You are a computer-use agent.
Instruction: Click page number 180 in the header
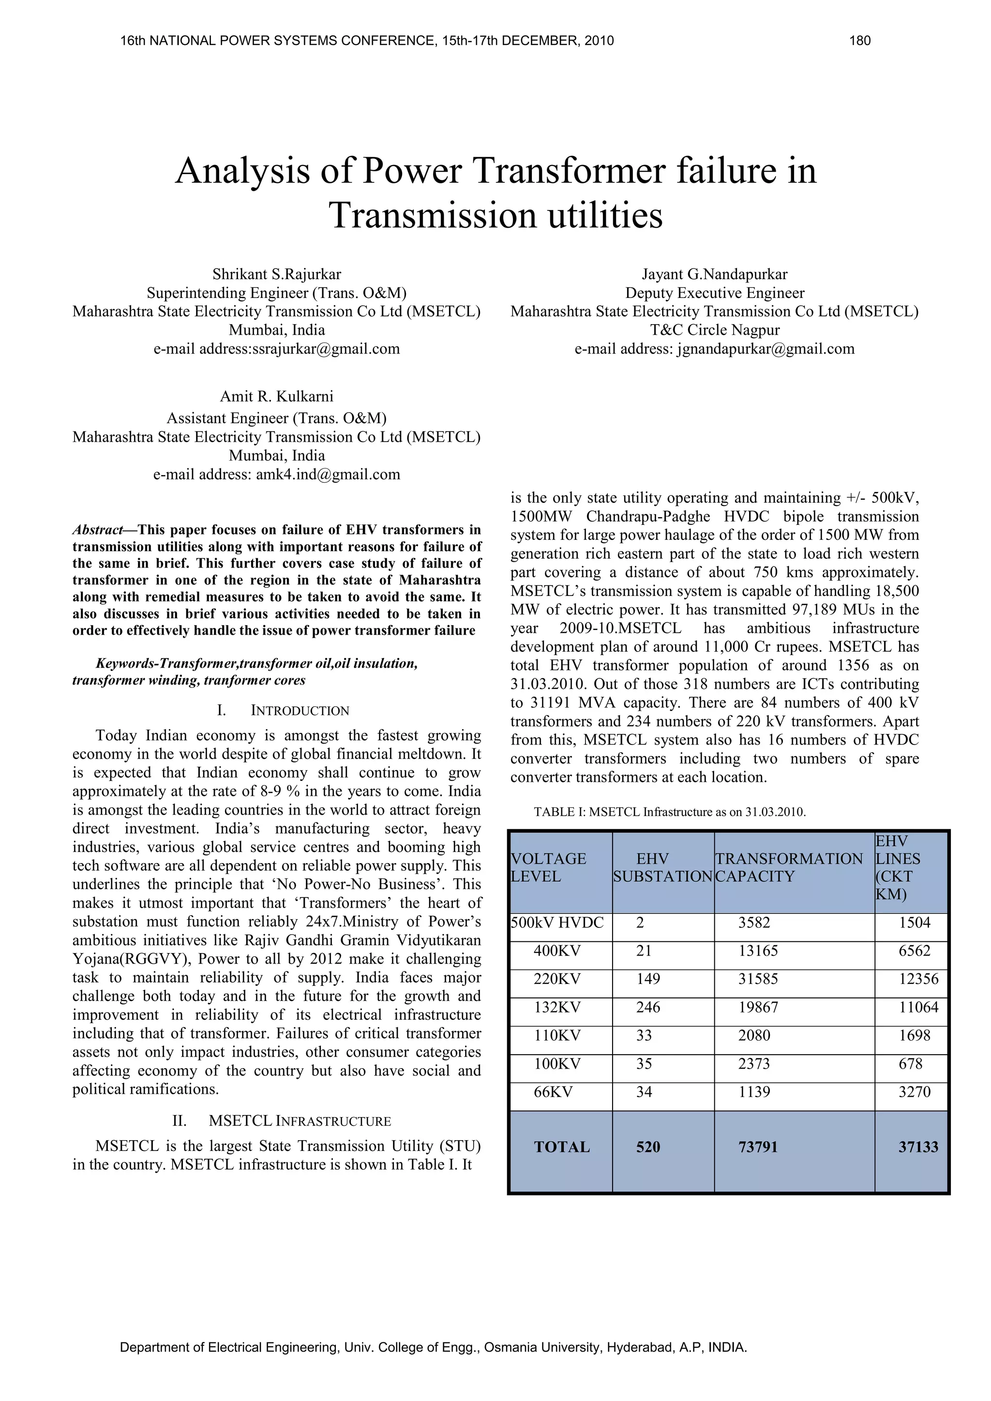coord(859,41)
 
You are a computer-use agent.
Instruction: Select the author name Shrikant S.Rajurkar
coord(276,274)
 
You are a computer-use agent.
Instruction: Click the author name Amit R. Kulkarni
coord(276,397)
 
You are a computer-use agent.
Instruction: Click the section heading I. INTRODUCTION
coord(283,711)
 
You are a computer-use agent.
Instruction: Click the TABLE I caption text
coord(669,812)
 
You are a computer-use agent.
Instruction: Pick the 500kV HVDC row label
coord(556,923)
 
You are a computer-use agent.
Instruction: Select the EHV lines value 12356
coord(918,979)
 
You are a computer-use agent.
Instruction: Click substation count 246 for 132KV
coord(647,1007)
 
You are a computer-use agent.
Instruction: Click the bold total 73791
coord(758,1147)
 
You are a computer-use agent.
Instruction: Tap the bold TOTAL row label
coord(561,1147)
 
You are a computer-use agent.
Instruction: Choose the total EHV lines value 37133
coord(918,1147)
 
